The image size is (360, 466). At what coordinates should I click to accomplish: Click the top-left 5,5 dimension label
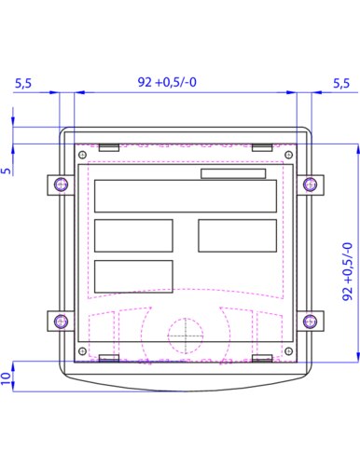click(x=23, y=83)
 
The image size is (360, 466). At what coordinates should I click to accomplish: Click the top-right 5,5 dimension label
click(x=341, y=83)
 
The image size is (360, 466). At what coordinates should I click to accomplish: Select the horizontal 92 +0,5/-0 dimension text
click(x=167, y=82)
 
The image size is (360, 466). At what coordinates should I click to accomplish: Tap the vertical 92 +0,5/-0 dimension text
click(x=348, y=271)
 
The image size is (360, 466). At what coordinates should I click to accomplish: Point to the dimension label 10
click(x=6, y=378)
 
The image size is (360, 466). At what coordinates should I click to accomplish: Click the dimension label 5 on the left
click(x=6, y=171)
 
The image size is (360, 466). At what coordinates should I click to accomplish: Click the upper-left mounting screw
click(x=61, y=185)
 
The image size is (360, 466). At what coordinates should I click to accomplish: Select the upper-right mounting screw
click(x=310, y=185)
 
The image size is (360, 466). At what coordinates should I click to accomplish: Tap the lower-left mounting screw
click(x=61, y=321)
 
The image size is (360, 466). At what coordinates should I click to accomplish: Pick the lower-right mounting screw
click(x=310, y=321)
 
